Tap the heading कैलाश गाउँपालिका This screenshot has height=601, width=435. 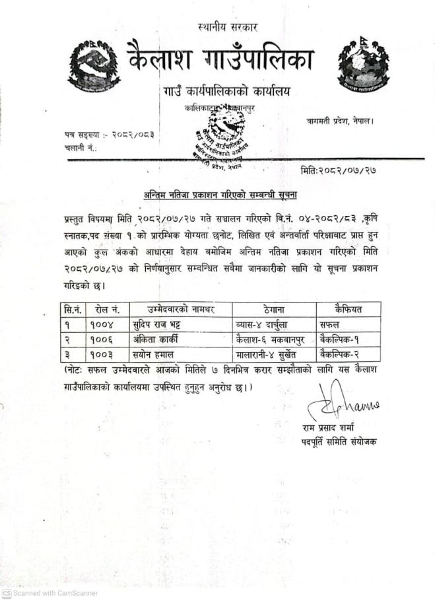[x=220, y=57]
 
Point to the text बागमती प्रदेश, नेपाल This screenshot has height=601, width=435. [x=341, y=121]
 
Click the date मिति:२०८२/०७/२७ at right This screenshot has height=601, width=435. [x=338, y=170]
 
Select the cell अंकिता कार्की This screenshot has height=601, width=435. [x=156, y=339]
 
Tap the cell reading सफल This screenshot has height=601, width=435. [x=329, y=324]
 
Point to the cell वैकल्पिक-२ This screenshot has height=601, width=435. [x=342, y=354]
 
